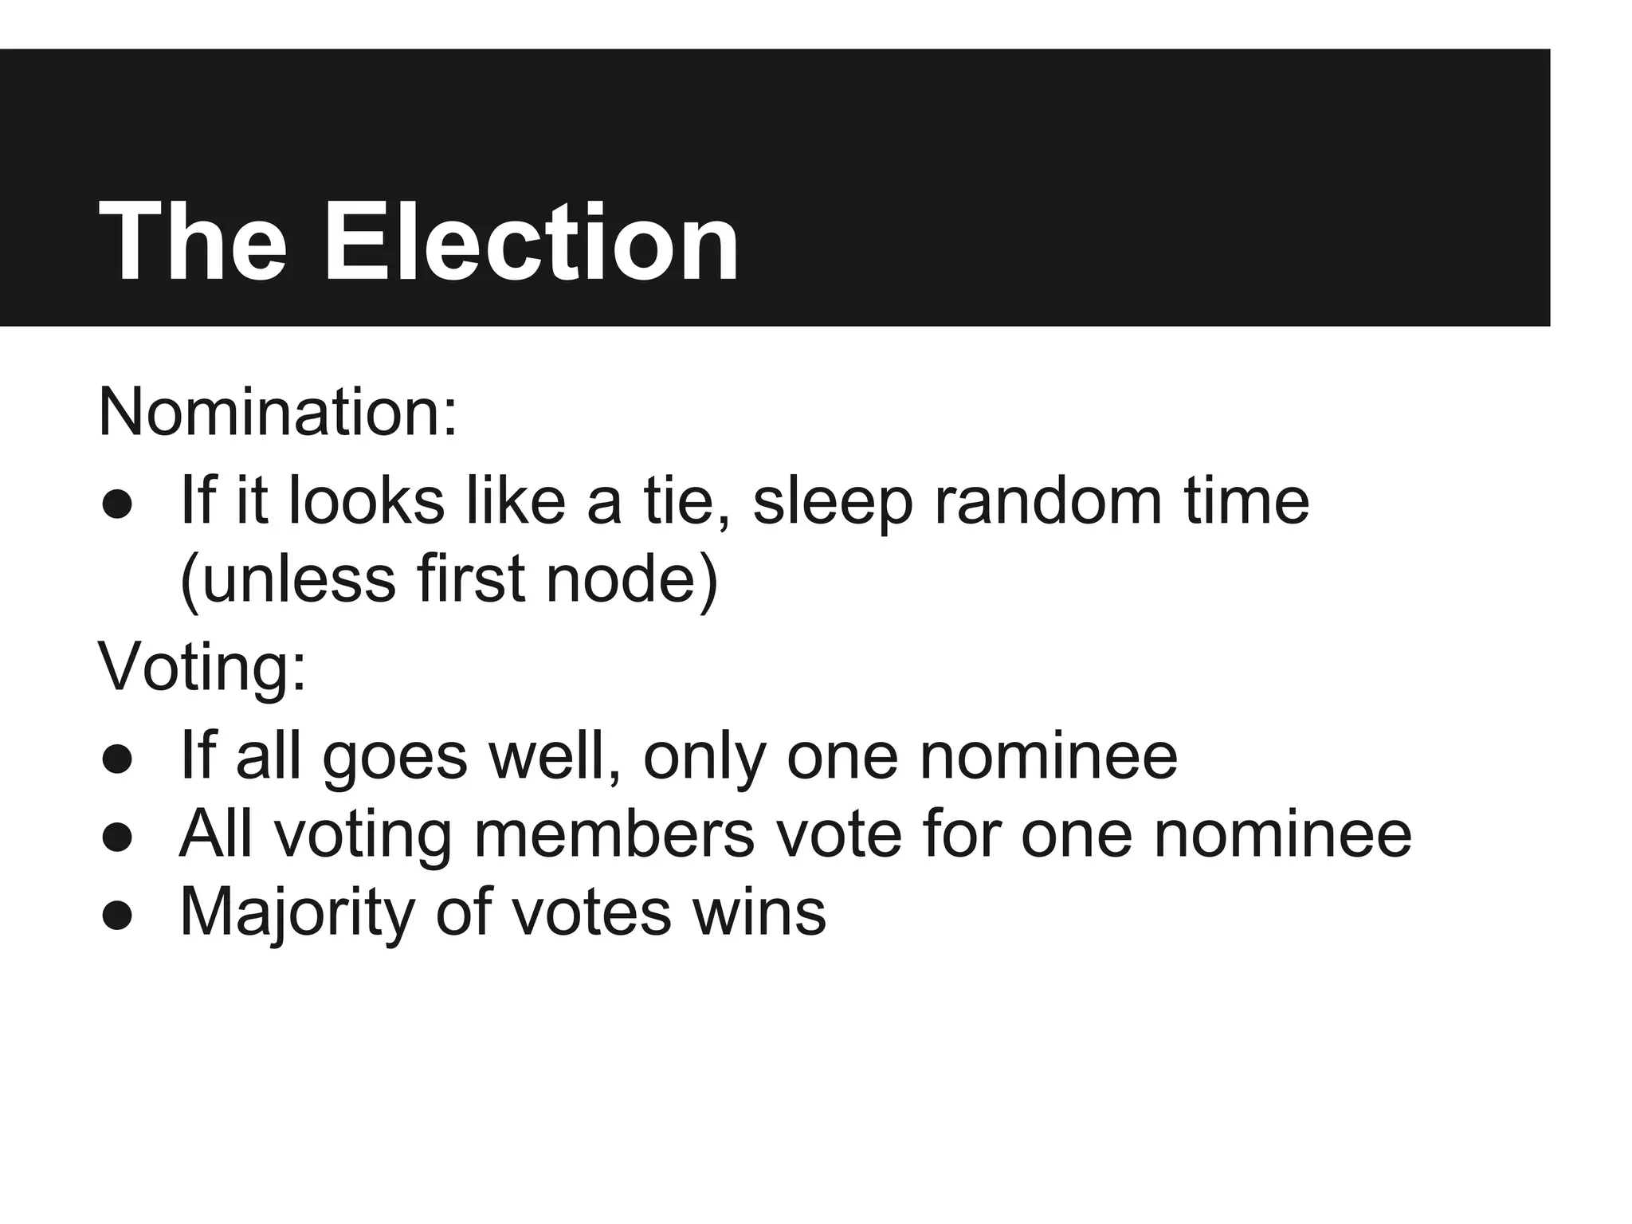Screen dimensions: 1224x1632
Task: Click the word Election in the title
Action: point(532,241)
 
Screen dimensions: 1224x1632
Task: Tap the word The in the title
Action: point(192,241)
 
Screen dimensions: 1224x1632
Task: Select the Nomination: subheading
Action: point(277,413)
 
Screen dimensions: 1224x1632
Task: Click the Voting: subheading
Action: point(202,668)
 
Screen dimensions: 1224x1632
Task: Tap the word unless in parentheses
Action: point(288,579)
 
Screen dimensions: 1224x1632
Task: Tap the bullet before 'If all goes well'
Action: point(116,760)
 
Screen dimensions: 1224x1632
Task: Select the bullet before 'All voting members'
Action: point(116,838)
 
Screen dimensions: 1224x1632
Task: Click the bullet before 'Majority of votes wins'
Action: point(116,916)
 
